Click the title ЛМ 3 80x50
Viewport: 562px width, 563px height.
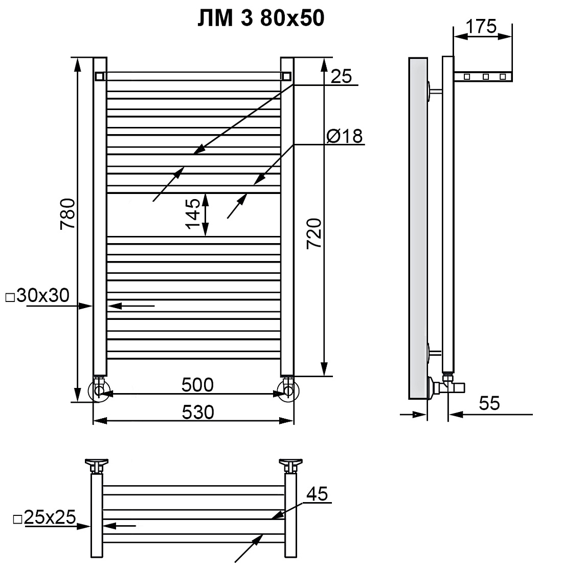coord(261,18)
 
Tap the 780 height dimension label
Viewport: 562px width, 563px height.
coord(68,214)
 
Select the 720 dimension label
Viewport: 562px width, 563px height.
coord(314,233)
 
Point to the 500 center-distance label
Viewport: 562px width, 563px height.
coord(197,385)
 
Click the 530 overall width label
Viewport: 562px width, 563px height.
coord(197,412)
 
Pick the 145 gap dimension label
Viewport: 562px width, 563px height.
coord(193,213)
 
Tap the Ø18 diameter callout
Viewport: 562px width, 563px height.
coord(345,136)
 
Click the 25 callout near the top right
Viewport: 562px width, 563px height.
coord(341,76)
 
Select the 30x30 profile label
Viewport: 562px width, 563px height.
coord(38,295)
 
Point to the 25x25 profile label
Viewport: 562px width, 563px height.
coord(44,517)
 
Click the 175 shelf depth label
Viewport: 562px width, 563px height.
coord(481,26)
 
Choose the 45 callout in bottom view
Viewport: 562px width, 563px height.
coord(317,494)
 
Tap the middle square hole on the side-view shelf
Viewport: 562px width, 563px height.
coord(486,76)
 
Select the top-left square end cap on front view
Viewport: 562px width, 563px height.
coord(99,76)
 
